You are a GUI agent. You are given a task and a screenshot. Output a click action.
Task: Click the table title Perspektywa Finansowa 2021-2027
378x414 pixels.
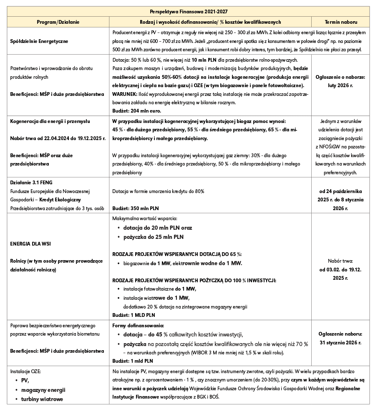coord(189,11)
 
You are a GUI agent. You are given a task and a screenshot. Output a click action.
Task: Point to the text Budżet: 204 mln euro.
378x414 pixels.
coord(137,111)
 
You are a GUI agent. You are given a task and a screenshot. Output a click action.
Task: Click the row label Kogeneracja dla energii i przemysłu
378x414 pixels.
coord(51,121)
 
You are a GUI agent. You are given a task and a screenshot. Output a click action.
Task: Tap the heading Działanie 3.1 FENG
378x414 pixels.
coord(31,183)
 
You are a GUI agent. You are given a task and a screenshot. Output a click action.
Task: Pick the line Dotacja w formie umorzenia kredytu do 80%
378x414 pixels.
coord(159,191)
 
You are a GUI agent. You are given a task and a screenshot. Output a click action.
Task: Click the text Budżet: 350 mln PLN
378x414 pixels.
coord(136,208)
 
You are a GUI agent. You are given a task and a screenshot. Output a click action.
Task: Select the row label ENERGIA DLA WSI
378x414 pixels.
coord(30,243)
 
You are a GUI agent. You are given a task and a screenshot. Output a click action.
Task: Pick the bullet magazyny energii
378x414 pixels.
coord(43,390)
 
